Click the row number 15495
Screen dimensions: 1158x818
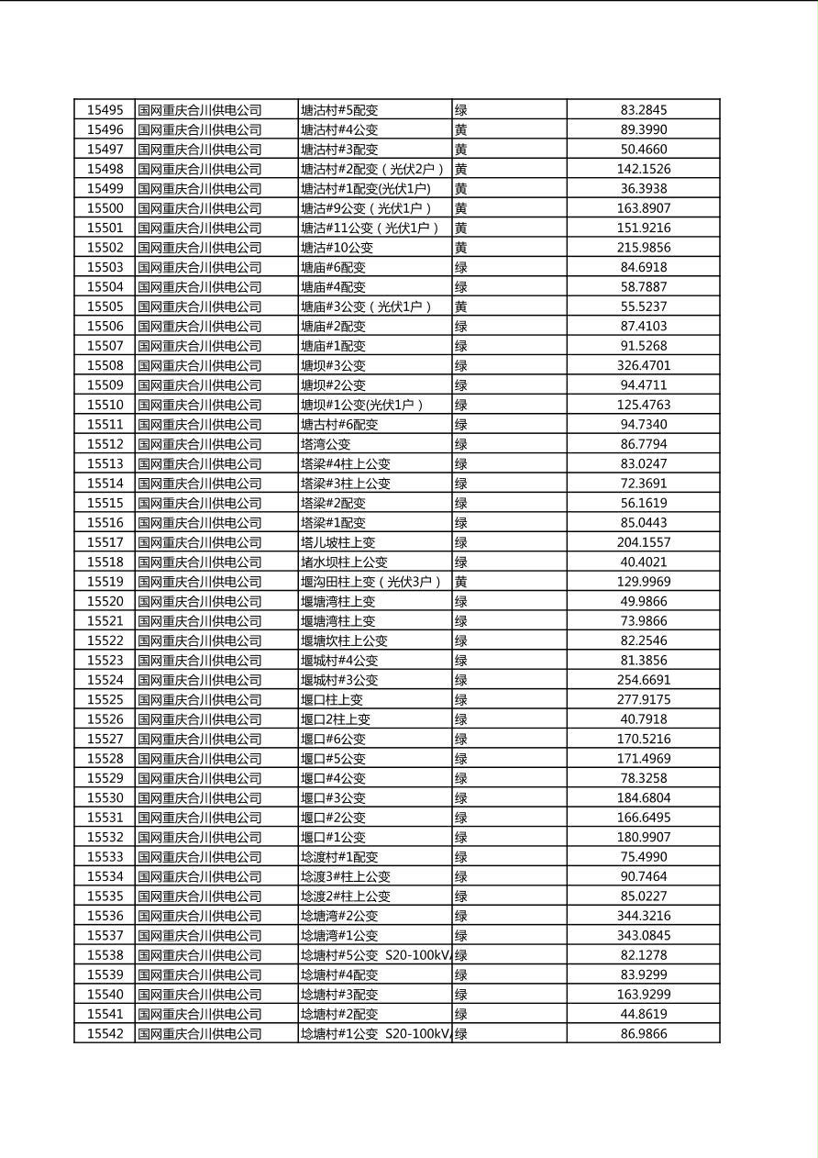coord(105,110)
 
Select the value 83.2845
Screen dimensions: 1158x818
coord(644,110)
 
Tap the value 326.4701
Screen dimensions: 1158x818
coord(644,365)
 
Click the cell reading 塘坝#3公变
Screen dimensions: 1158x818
coord(333,365)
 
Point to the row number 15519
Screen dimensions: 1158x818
coord(105,582)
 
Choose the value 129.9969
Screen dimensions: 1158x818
coord(644,582)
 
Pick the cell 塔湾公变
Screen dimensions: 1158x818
coord(326,444)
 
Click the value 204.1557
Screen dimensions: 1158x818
coord(644,542)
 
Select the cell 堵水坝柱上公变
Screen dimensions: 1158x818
coord(344,562)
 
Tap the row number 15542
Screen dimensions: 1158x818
coord(105,1033)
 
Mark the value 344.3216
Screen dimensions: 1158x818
coord(644,916)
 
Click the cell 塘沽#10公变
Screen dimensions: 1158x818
coord(337,248)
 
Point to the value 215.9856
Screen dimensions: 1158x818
coord(644,248)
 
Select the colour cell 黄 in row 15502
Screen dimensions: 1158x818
coord(461,248)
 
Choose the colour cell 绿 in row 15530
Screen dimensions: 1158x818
coord(461,797)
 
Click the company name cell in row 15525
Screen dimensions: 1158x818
coord(200,699)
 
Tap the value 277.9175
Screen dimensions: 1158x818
coord(644,699)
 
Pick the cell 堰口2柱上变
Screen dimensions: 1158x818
coord(336,719)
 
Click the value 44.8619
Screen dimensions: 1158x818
coord(644,1014)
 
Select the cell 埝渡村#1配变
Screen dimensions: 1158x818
coord(339,857)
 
